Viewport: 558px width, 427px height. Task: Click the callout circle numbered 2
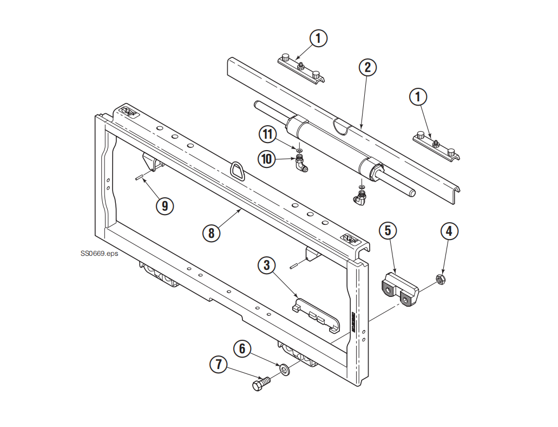pyautogui.click(x=367, y=68)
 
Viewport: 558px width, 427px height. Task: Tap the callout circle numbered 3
pyautogui.click(x=266, y=265)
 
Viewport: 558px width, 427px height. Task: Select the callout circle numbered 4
pyautogui.click(x=449, y=231)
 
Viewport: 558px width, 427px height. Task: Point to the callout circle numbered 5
pyautogui.click(x=388, y=230)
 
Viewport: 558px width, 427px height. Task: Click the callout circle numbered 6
pyautogui.click(x=242, y=348)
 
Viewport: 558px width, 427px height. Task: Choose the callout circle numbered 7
pyautogui.click(x=219, y=365)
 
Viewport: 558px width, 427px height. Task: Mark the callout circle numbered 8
pyautogui.click(x=211, y=233)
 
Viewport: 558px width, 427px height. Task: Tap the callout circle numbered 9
pyautogui.click(x=165, y=206)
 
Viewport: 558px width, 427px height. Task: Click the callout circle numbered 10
pyautogui.click(x=266, y=159)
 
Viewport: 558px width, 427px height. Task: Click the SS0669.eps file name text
pyautogui.click(x=99, y=253)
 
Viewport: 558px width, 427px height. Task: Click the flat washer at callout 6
pyautogui.click(x=284, y=370)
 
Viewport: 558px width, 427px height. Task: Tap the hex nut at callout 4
pyautogui.click(x=440, y=280)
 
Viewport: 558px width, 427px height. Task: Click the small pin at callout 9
pyautogui.click(x=139, y=177)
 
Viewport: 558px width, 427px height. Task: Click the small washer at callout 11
pyautogui.click(x=298, y=147)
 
